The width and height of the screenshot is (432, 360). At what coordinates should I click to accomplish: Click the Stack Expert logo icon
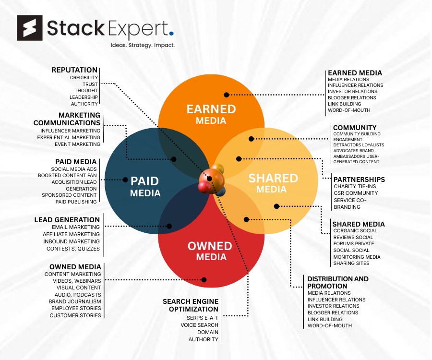tap(30, 28)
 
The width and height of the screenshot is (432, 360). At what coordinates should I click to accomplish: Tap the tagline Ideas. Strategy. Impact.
tap(139, 46)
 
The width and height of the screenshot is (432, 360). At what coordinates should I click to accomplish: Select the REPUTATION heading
tap(74, 70)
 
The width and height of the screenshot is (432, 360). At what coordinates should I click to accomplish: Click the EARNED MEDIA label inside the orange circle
tap(211, 114)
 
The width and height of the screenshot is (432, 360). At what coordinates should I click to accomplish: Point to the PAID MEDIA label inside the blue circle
tap(145, 187)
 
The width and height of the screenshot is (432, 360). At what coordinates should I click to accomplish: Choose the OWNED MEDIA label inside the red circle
tap(210, 251)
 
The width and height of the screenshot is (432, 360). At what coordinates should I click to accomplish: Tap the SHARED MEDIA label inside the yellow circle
tap(273, 183)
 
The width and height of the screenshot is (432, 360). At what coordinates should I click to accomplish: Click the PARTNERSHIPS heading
tap(359, 180)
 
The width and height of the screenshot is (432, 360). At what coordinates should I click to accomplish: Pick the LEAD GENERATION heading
tap(67, 220)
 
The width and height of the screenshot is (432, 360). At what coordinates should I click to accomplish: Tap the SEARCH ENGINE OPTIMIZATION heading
tap(191, 305)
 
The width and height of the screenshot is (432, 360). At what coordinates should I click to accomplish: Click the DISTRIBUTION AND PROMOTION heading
tap(338, 282)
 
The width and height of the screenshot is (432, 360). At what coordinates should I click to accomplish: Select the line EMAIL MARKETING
tap(76, 227)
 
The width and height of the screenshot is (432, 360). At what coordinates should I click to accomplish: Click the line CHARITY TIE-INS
tap(354, 187)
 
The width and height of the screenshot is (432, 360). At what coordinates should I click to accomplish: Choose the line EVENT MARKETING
tap(77, 144)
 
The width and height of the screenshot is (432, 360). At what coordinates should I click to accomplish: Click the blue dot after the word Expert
tap(171, 34)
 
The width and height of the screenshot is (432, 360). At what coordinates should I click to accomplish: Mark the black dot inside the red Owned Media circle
tap(204, 279)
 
